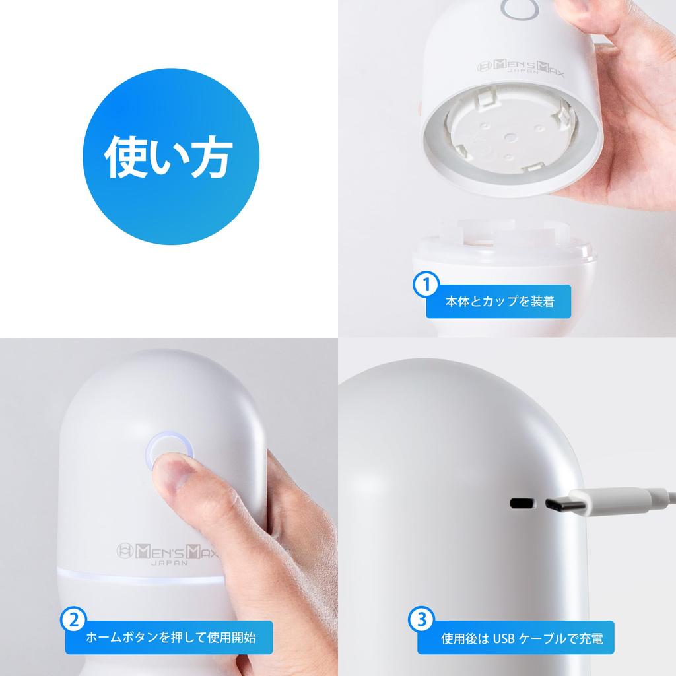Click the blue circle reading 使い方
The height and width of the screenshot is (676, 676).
[x=169, y=158]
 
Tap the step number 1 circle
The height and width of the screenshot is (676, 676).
[x=426, y=285]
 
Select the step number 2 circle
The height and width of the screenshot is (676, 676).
[x=74, y=621]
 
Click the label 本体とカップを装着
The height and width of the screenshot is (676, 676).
[x=499, y=302]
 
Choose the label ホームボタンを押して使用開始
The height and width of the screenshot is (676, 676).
[x=170, y=638]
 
